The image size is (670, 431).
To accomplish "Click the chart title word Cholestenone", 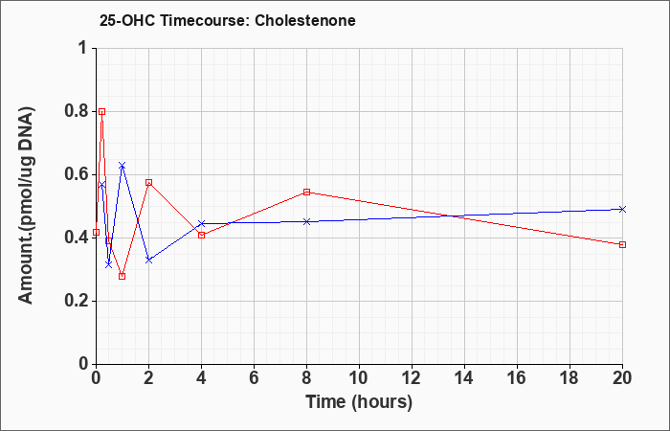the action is point(305,20).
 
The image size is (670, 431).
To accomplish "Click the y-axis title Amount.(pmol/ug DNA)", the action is point(27,205).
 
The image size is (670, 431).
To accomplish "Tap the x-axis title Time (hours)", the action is point(359,402).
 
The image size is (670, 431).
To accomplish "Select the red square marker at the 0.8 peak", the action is point(101,112).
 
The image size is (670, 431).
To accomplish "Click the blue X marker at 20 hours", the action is point(622,209).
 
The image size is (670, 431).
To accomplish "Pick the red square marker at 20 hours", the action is point(622,244).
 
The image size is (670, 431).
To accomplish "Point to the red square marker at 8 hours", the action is point(307,192).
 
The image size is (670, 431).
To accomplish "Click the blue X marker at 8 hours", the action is point(307,221).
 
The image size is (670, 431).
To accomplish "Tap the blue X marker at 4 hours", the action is point(202,223).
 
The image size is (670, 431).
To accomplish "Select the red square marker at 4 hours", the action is point(202,236).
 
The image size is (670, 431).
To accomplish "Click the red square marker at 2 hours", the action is point(148,183).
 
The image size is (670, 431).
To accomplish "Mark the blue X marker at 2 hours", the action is point(148,260).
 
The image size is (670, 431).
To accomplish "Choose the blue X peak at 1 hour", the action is point(123,165).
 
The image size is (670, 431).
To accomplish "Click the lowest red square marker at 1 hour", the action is point(123,276).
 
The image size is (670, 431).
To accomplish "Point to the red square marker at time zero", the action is point(96,232).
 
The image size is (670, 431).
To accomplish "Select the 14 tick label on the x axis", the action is point(464,378).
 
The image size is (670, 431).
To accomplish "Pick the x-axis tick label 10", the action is point(359,378).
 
